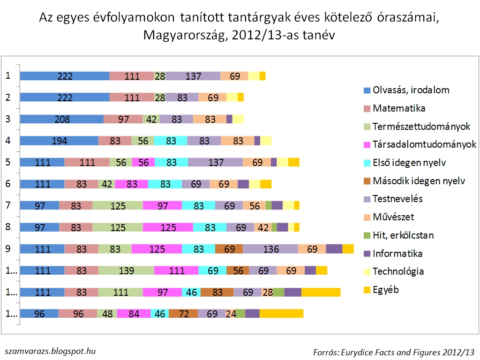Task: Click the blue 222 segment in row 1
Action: point(65,76)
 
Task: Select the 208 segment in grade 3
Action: point(61,119)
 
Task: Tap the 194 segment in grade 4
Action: point(59,141)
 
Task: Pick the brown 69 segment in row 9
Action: point(229,249)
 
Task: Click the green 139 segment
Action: point(126,270)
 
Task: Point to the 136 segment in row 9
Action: point(270,249)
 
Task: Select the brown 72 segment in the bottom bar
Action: point(183,314)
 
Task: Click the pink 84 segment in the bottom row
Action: point(134,314)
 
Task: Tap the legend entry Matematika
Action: point(399,108)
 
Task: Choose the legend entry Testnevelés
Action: point(397,199)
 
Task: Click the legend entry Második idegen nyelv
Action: point(419,181)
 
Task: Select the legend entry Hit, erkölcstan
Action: point(403,235)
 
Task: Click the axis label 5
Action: point(7,162)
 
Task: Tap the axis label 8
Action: point(7,227)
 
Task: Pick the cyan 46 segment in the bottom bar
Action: point(160,314)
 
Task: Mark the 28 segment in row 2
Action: point(160,97)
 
